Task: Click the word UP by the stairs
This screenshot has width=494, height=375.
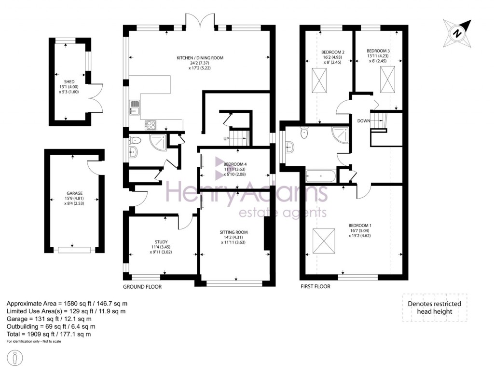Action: [226, 139]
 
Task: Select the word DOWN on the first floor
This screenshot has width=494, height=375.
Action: [363, 121]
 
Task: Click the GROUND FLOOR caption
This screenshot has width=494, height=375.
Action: [142, 286]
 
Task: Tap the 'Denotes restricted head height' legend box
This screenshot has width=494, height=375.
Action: [434, 308]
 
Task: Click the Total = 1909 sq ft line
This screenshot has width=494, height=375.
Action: [49, 334]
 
